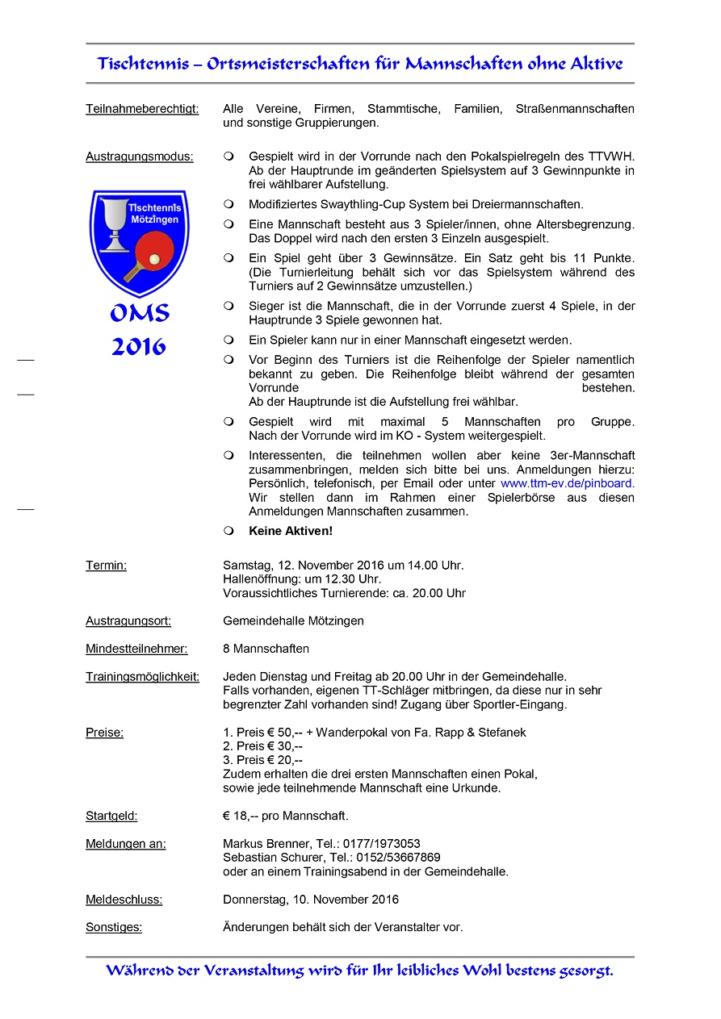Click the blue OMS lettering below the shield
(x=139, y=313)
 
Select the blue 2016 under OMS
(x=139, y=347)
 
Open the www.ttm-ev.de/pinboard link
(x=568, y=483)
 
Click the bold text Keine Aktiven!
(x=291, y=531)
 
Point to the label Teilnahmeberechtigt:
(x=142, y=109)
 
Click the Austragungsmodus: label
(x=139, y=157)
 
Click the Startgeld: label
(x=111, y=816)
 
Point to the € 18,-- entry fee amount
(x=240, y=816)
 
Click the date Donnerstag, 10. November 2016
(x=311, y=900)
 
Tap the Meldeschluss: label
(x=124, y=900)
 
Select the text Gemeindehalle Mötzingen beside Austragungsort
(x=293, y=621)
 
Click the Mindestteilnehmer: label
(x=136, y=649)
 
